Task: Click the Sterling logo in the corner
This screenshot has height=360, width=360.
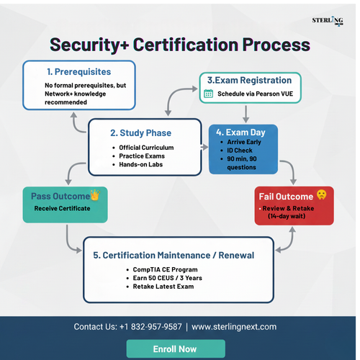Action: (328, 20)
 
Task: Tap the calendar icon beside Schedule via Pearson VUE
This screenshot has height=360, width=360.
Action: (208, 94)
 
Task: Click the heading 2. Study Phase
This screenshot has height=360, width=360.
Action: (141, 132)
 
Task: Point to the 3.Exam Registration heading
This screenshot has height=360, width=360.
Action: (249, 80)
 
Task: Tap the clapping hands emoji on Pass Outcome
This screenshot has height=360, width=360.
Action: (94, 195)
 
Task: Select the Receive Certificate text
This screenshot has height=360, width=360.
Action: (63, 209)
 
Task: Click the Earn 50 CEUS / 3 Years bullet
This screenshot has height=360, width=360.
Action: (168, 278)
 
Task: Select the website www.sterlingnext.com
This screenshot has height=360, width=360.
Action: (234, 326)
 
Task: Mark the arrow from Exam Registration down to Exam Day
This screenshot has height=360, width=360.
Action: (246, 113)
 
